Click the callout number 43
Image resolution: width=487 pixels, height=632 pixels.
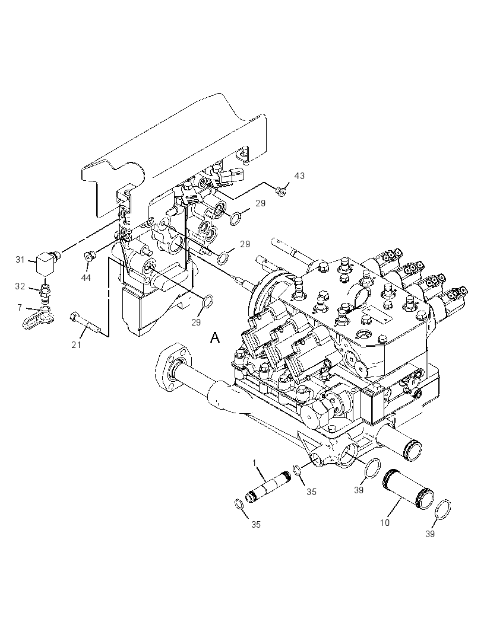[x=299, y=175]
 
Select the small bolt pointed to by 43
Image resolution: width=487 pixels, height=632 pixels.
[x=281, y=191]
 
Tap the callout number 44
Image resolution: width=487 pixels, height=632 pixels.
[x=86, y=277]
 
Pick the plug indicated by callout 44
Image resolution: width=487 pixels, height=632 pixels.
[x=89, y=256]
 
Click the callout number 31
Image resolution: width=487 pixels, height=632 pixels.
[x=20, y=260]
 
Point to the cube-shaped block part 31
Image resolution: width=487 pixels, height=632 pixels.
[x=45, y=263]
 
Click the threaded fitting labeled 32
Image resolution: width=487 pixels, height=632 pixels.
[x=46, y=291]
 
